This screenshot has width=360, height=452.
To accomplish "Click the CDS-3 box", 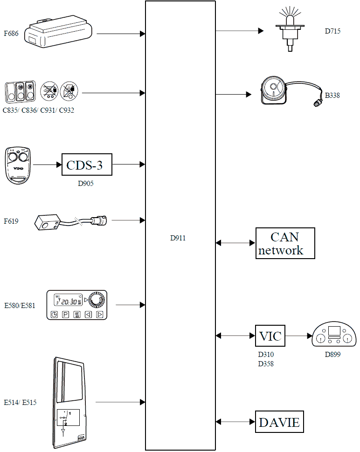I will click(x=87, y=164).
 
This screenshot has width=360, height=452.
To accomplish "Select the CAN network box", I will click(x=285, y=243).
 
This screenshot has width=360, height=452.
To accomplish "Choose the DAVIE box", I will click(x=279, y=422).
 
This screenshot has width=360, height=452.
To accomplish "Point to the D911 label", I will click(x=178, y=238).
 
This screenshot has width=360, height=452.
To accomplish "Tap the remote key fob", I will click(x=18, y=165).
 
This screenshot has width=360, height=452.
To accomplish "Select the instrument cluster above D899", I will click(x=333, y=335).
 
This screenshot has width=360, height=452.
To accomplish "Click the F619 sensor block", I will click(x=48, y=222).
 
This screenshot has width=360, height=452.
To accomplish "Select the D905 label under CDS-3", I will click(x=86, y=184).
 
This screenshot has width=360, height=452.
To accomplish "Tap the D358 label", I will click(x=266, y=364).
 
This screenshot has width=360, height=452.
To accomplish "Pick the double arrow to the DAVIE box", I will click(x=235, y=422).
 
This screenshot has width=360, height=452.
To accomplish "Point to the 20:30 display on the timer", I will click(x=69, y=301).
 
